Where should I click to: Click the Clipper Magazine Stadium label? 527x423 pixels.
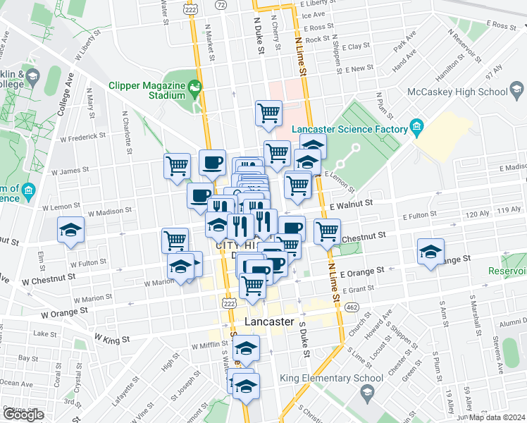point(146,92)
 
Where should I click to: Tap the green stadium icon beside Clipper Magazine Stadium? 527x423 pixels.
point(195,90)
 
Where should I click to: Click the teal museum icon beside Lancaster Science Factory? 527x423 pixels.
point(417,128)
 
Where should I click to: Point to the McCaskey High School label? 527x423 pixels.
point(457,92)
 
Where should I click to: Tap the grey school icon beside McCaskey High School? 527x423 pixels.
point(516,91)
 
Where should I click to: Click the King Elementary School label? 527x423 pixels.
point(342,378)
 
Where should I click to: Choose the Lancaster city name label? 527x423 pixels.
point(268,321)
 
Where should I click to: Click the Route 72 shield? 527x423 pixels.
point(222,4)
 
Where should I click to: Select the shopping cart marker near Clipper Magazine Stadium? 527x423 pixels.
point(268,112)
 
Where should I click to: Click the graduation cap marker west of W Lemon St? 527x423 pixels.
point(70,231)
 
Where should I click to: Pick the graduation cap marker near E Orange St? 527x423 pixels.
point(430,252)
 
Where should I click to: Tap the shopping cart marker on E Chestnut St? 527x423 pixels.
point(327,231)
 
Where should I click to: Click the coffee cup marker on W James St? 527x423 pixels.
point(212,163)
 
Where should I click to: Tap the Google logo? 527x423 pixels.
point(23,415)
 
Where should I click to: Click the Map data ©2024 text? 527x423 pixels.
point(498,417)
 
